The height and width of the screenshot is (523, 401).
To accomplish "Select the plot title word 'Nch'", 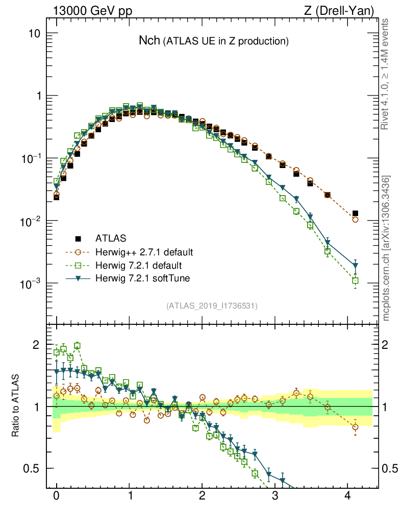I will (149, 41).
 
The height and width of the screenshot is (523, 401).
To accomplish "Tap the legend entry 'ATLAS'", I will (111, 238).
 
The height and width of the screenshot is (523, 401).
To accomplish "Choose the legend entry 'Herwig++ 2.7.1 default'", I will (144, 252).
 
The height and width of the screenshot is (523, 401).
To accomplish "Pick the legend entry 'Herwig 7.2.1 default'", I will (139, 266).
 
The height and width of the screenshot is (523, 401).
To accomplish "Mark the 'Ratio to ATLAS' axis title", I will (16, 407).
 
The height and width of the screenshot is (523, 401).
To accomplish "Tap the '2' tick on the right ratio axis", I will (387, 345).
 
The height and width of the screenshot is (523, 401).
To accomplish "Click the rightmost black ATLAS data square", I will (356, 213).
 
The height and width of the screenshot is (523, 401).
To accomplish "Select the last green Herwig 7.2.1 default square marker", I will (356, 280).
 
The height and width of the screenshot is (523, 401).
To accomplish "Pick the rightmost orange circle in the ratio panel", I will (356, 427).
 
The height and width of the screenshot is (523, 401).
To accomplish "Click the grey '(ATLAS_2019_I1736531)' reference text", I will (212, 306).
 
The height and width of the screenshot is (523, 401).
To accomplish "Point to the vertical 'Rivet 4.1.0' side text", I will (386, 74).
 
